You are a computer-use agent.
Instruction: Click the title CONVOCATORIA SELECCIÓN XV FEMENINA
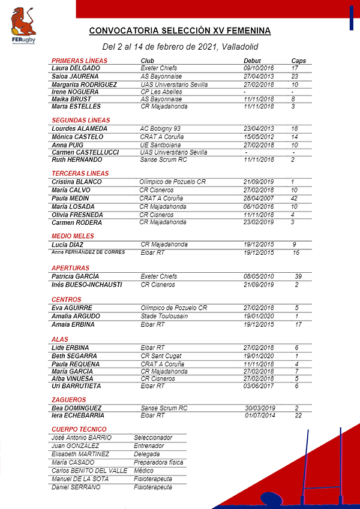click(180, 31)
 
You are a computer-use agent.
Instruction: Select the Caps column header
click(298, 61)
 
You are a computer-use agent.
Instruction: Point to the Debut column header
click(252, 61)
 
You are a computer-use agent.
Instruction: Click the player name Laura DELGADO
click(76, 68)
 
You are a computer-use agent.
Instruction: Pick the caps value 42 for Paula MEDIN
click(294, 198)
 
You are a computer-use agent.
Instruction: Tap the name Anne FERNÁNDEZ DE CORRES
click(89, 252)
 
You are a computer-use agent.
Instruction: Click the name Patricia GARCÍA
click(75, 276)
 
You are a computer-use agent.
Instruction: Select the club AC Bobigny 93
click(160, 129)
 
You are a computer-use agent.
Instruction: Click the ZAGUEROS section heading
click(69, 400)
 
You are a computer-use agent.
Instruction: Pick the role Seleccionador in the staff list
click(153, 438)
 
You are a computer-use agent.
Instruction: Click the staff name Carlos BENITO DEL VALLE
click(89, 471)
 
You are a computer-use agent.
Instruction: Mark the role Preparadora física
click(158, 463)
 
